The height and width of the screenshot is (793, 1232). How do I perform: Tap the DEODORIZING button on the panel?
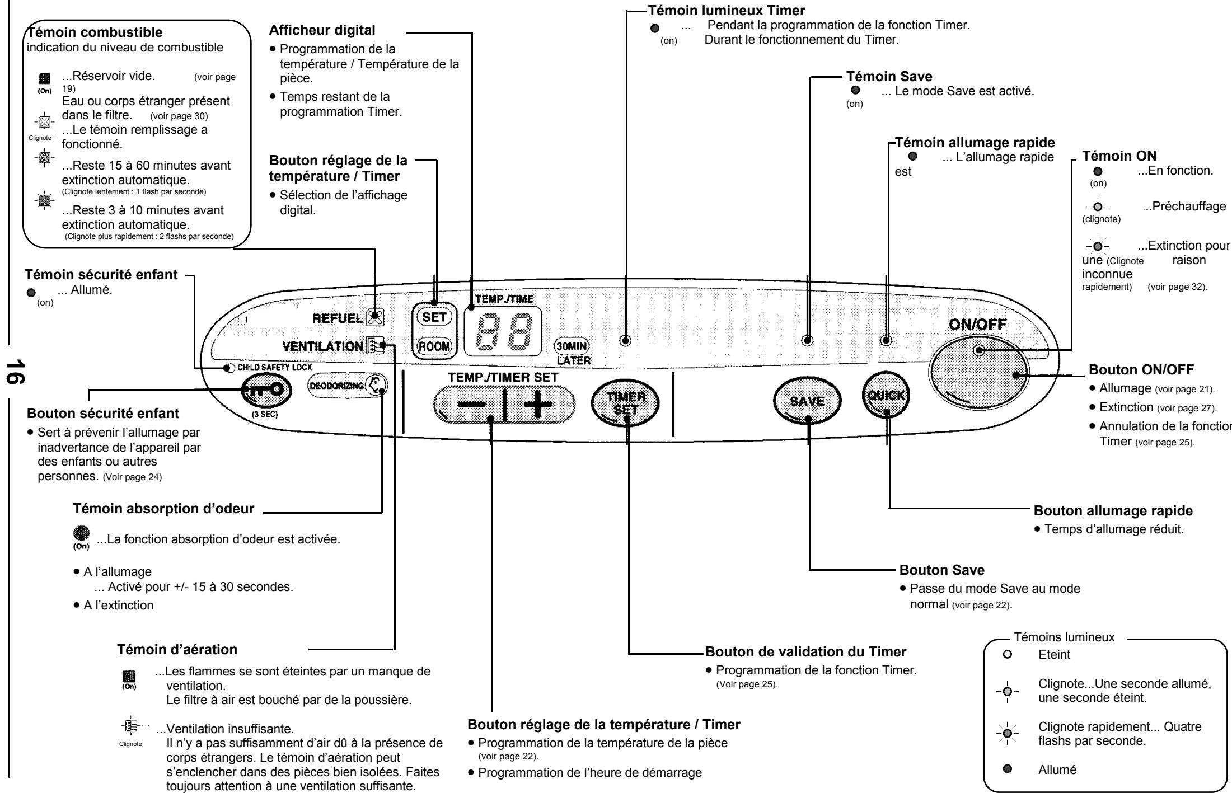click(x=347, y=385)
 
